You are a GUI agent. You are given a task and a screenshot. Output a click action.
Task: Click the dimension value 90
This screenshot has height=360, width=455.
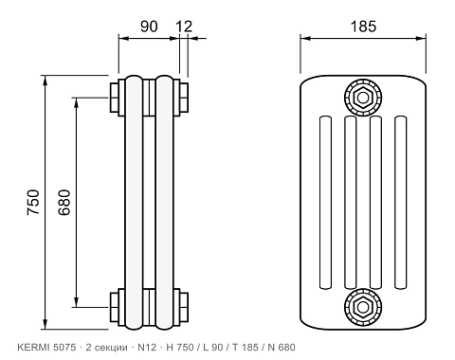click(x=149, y=27)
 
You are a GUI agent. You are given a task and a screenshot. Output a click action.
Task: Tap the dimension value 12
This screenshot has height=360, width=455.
click(x=184, y=27)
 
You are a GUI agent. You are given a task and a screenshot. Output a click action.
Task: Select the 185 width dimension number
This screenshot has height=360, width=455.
click(x=363, y=27)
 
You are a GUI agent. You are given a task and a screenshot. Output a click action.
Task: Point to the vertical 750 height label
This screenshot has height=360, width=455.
click(x=33, y=202)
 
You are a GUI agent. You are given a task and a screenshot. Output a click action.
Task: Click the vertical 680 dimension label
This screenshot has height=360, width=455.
click(x=64, y=202)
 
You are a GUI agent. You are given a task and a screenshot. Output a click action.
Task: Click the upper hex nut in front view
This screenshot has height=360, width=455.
click(x=363, y=98)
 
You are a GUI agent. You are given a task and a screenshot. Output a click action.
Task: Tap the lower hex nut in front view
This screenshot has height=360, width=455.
click(x=363, y=306)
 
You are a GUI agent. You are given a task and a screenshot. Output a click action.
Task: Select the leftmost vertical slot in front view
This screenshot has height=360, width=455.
click(x=325, y=203)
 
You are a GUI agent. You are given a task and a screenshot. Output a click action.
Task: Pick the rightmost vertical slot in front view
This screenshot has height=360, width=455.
click(x=401, y=203)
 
